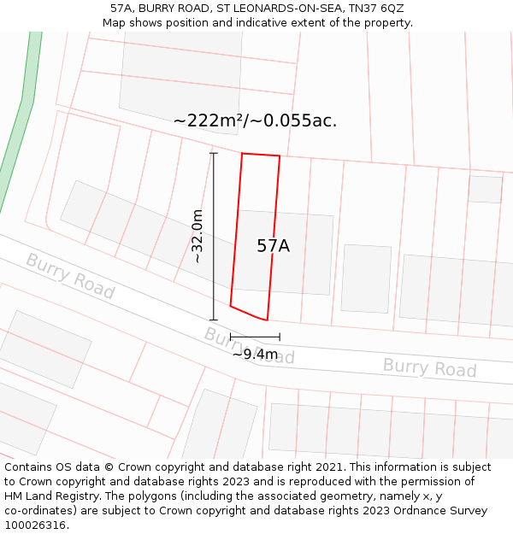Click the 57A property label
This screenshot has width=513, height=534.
tap(274, 246)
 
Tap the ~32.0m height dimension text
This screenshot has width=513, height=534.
tap(198, 237)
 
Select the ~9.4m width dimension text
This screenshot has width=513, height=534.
tap(255, 354)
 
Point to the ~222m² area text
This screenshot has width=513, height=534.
tap(209, 120)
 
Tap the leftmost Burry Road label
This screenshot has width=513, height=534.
tap(69, 275)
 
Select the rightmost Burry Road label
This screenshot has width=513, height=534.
tap(429, 367)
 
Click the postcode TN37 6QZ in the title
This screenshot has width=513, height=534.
tap(376, 9)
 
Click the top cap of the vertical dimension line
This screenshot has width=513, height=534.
tap(213, 153)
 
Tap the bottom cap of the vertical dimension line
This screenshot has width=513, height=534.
tap(213, 320)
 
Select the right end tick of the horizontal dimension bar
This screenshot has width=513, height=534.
tap(280, 337)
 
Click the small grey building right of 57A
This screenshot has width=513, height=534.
tap(366, 279)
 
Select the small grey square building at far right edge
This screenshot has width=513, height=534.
tap(485, 189)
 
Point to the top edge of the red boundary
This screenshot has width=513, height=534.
tap(261, 155)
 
